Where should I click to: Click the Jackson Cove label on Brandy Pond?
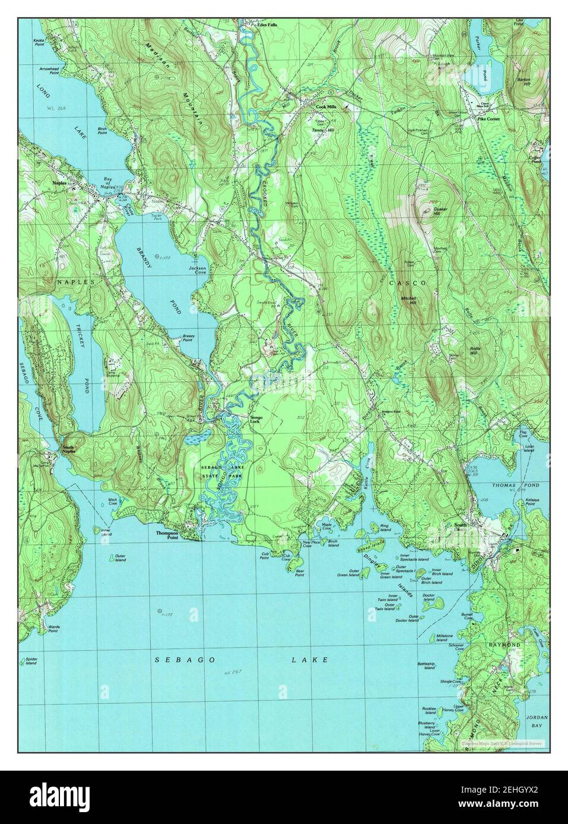197,270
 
